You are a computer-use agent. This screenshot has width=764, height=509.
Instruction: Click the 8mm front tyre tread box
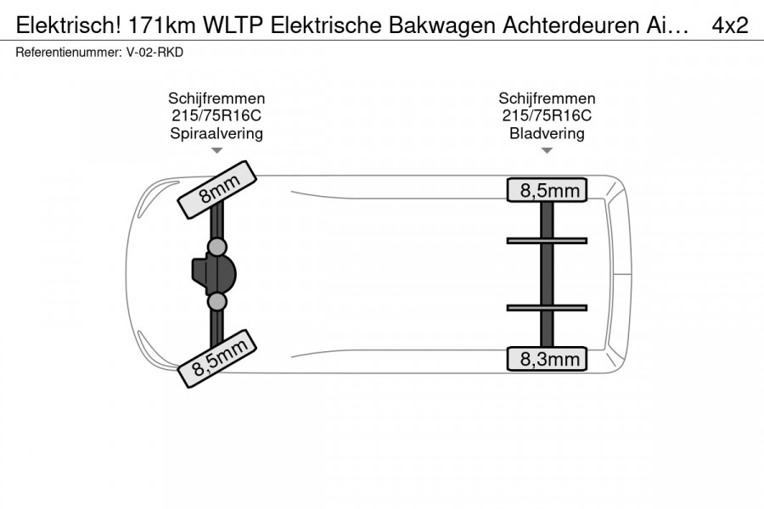tap(216, 189)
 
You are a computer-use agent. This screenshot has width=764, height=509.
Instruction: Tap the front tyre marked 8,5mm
tap(216, 359)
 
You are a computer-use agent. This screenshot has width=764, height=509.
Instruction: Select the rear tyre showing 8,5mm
tap(547, 190)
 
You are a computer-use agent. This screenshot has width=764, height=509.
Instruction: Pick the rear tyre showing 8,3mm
tap(547, 359)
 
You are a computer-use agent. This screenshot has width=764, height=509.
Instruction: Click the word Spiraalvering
tap(216, 133)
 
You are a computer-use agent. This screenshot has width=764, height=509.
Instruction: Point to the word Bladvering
tap(547, 133)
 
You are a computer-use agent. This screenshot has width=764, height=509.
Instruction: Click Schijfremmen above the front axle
tap(216, 98)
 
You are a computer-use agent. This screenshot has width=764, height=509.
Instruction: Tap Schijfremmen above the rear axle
tap(547, 98)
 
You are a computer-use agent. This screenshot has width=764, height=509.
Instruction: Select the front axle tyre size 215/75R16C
tap(216, 115)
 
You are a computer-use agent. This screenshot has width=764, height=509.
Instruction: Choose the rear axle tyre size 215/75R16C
tap(547, 115)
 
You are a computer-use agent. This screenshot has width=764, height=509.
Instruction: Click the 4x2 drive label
tap(730, 25)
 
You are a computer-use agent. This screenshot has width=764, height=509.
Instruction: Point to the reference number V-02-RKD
tap(155, 52)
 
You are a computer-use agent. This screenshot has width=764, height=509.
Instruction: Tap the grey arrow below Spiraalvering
tap(216, 150)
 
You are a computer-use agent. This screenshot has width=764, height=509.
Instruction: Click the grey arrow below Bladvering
tap(547, 150)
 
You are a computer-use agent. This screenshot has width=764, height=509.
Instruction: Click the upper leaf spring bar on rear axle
tap(547, 241)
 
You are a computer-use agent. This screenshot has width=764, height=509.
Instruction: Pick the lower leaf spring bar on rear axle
tap(547, 308)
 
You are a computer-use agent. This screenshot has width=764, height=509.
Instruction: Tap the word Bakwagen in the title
tap(442, 25)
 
